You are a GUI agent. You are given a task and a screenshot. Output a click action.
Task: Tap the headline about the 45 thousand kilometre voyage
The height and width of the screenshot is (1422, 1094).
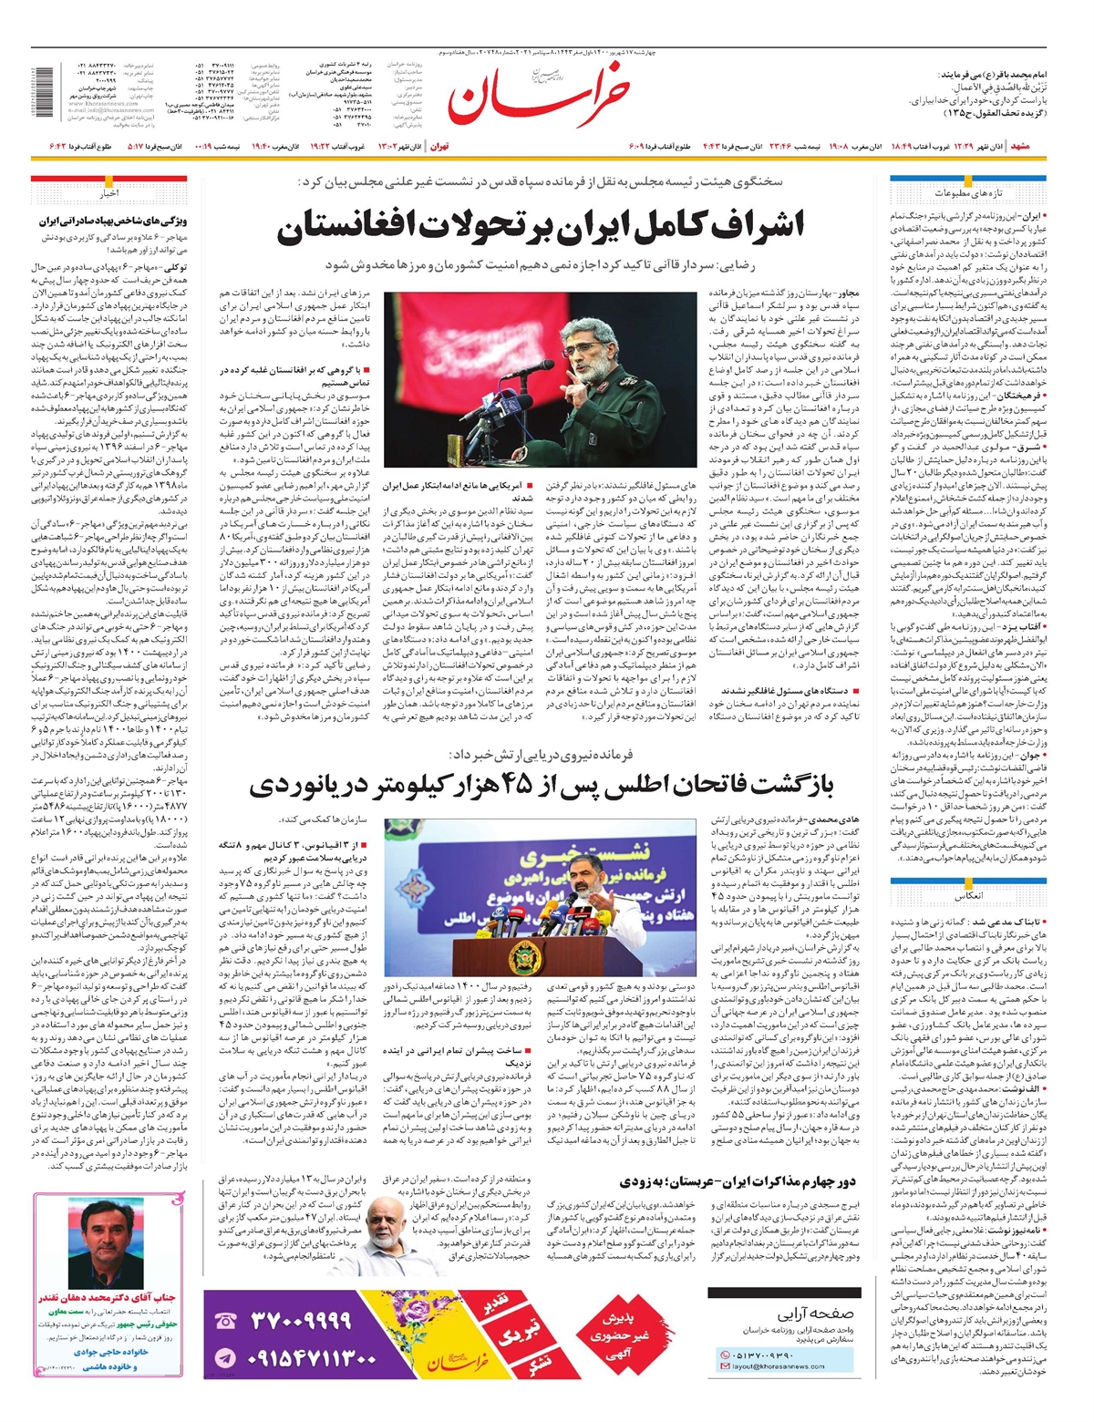pyautogui.click(x=542, y=785)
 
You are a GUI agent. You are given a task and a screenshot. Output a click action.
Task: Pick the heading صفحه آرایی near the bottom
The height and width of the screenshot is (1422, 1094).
pyautogui.click(x=816, y=1314)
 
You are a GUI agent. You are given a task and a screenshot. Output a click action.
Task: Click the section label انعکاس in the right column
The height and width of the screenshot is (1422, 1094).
pyautogui.click(x=968, y=896)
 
